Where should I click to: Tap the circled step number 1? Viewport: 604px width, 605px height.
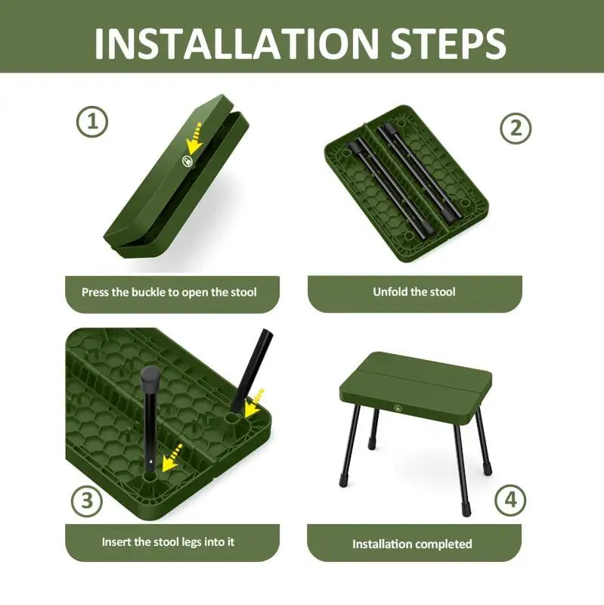(x=92, y=122)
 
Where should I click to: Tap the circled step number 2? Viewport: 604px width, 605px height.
(x=516, y=128)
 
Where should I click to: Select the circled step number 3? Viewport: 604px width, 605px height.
(x=87, y=501)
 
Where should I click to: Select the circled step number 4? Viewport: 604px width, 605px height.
(x=511, y=501)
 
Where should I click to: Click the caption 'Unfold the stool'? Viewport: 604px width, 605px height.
(x=414, y=292)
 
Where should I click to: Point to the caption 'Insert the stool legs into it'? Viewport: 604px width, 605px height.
(x=169, y=542)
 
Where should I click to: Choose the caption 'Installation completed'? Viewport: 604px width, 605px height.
(x=412, y=544)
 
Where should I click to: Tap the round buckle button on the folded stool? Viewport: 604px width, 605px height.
(x=187, y=160)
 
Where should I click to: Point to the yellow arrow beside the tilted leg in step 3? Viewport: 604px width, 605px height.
(x=257, y=397)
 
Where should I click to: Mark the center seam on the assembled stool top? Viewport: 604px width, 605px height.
(x=420, y=376)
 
